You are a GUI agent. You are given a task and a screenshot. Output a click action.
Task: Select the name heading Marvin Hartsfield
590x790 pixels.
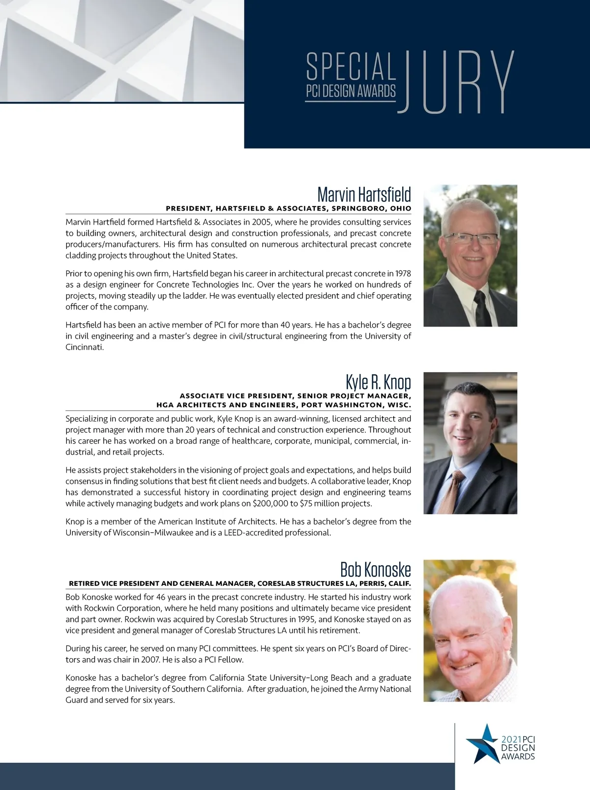(364, 194)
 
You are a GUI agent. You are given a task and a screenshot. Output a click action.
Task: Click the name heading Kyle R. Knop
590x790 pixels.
(378, 382)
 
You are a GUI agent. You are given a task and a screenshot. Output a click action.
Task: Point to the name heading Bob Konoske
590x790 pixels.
(375, 570)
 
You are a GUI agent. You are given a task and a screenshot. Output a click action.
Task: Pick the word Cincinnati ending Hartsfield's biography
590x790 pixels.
(85, 347)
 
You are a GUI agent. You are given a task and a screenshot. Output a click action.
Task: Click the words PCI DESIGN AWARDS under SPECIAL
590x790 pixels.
(351, 91)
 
